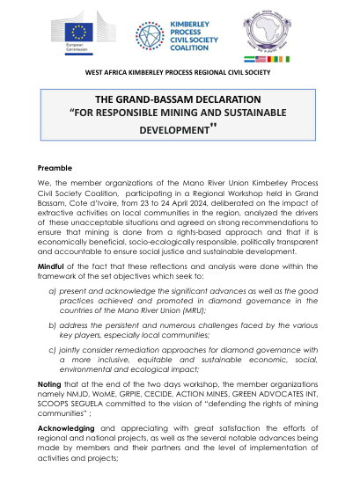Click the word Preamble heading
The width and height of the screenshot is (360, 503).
click(55, 166)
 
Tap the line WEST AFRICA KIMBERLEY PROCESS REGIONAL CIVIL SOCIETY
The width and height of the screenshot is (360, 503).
click(180, 71)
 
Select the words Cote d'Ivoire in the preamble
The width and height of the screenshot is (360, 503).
click(92, 200)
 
